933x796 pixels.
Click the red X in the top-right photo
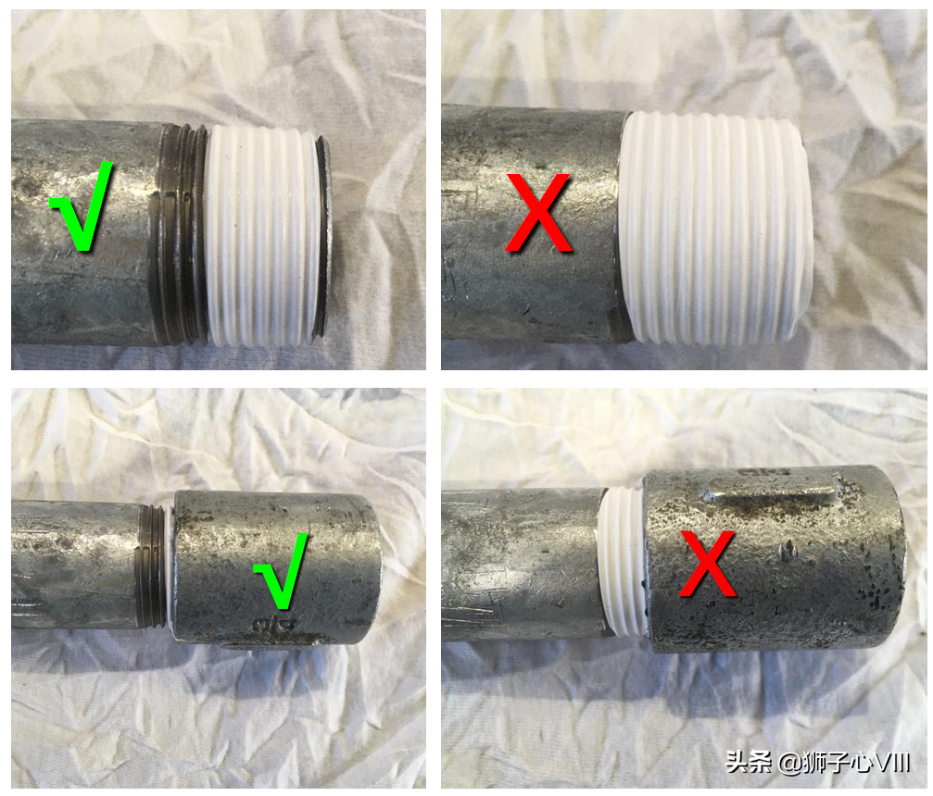point(538,213)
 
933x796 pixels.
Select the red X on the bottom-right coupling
point(708,564)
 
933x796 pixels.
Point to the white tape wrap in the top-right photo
point(714,229)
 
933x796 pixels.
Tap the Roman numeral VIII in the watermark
point(890,762)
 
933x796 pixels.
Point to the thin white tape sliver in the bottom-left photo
point(171,567)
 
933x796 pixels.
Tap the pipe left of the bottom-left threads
point(74,564)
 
